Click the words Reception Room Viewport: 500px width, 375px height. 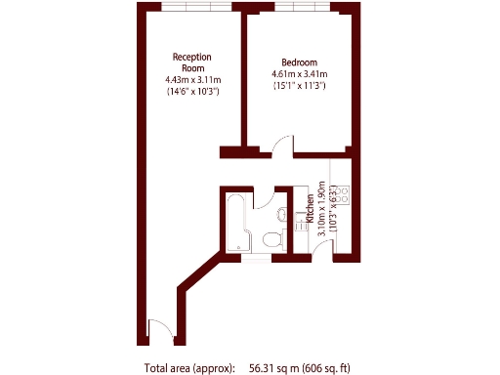[x=192, y=62]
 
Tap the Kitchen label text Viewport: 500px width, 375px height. [x=311, y=210]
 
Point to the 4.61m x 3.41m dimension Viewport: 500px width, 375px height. [x=299, y=73]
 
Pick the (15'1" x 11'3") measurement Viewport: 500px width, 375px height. [x=299, y=86]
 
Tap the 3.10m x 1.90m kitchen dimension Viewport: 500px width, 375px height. [x=322, y=210]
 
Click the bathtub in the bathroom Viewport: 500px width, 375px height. [x=237, y=224]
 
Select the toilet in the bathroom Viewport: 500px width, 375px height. [x=275, y=238]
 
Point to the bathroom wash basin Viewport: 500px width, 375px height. [x=281, y=213]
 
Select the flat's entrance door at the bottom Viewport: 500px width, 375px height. [x=159, y=329]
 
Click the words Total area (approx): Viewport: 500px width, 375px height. [x=189, y=368]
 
